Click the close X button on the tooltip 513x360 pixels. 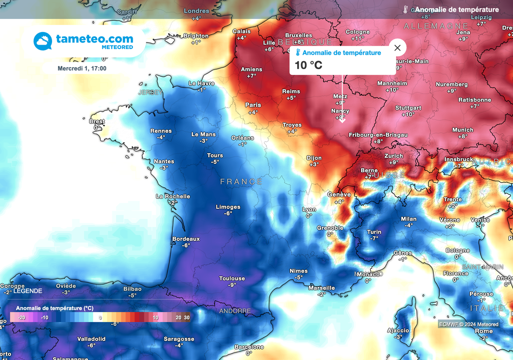[x=397, y=48]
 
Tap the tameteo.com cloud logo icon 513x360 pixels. [x=43, y=41]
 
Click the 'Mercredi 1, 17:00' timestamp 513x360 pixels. [x=82, y=69]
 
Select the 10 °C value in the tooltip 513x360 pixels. [x=308, y=65]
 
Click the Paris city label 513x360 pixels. [x=253, y=105]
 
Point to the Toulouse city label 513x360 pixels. [x=232, y=278]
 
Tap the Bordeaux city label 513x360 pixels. [x=186, y=239]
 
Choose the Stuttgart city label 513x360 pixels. [x=408, y=108]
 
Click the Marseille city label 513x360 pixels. [x=322, y=288]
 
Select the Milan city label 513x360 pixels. [x=409, y=219]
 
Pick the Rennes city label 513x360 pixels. [x=161, y=131]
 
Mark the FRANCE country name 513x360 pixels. [x=241, y=182]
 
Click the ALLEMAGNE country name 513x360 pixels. [x=435, y=26]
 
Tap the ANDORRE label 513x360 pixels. [x=235, y=311]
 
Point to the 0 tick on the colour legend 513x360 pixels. [x=100, y=317]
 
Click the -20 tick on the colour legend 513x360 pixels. [x=22, y=317]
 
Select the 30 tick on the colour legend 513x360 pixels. [x=186, y=317]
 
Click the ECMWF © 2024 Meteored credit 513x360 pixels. [x=468, y=324]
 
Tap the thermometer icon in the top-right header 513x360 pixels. [x=406, y=10]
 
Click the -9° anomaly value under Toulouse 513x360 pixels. [x=232, y=285]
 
